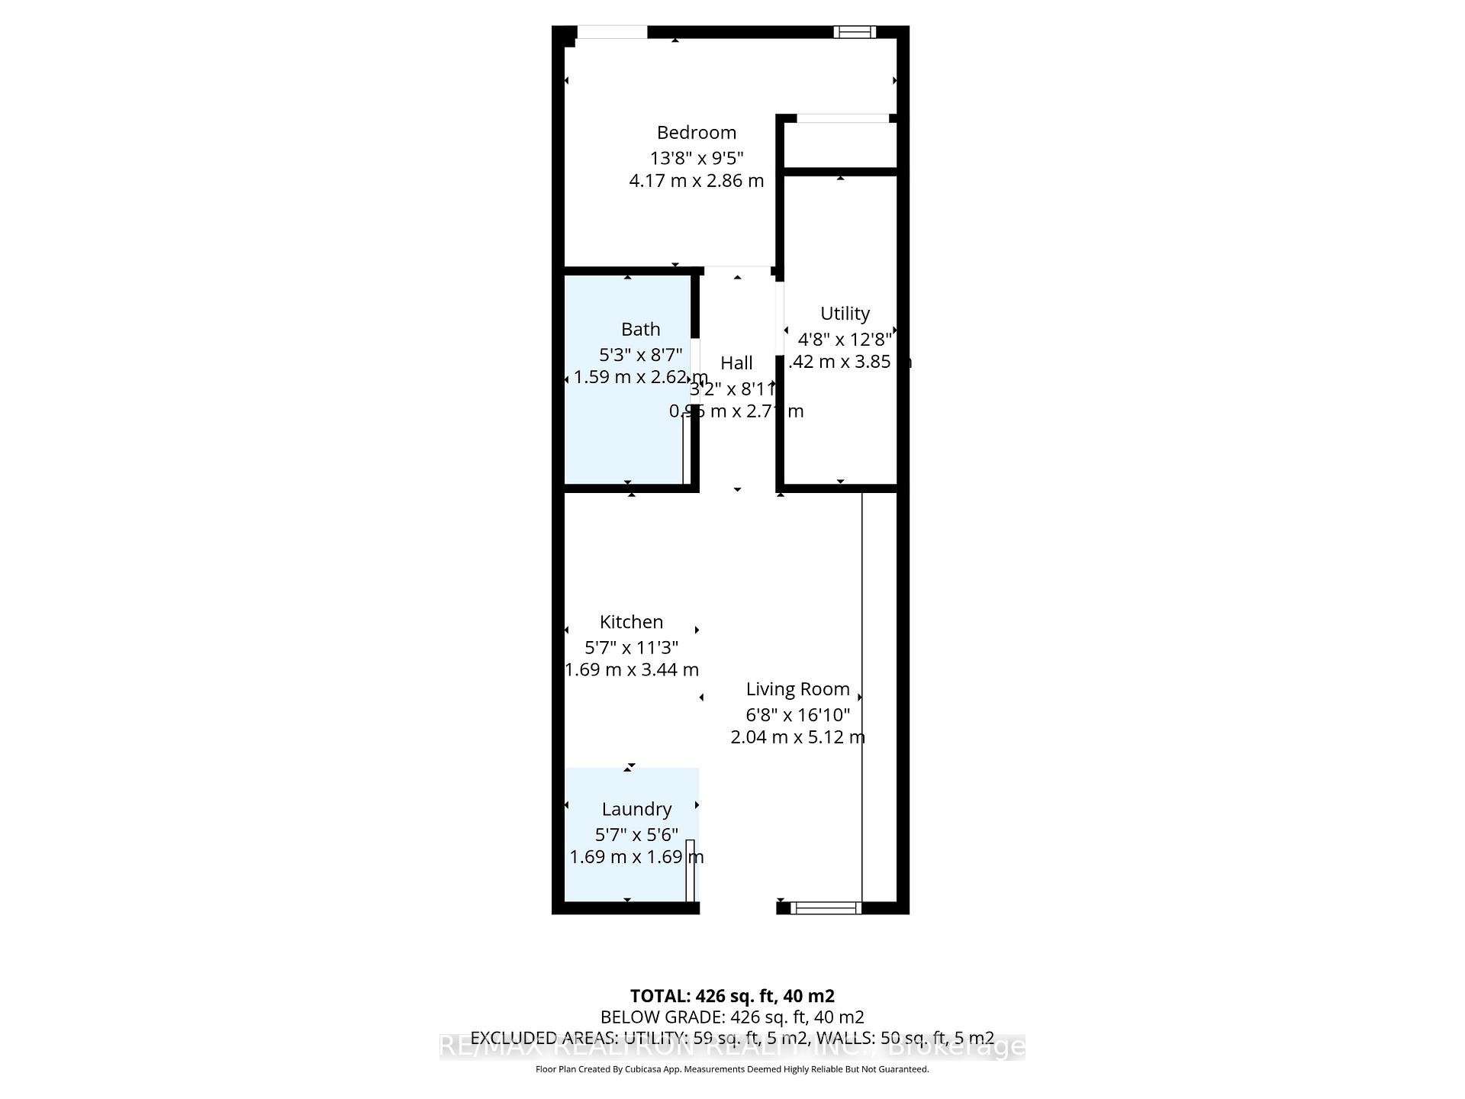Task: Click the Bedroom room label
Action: (x=696, y=133)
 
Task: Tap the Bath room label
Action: (x=640, y=329)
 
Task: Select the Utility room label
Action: (x=845, y=314)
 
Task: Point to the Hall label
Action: (x=736, y=363)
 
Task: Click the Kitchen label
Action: (x=631, y=622)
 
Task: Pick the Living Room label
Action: (x=797, y=689)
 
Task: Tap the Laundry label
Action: (x=636, y=809)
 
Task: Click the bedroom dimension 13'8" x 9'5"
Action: (x=696, y=159)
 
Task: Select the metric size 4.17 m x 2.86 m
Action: (x=696, y=181)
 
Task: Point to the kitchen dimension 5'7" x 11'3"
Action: (x=631, y=648)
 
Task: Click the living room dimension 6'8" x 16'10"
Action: (x=797, y=715)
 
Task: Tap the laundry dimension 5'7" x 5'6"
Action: (x=636, y=835)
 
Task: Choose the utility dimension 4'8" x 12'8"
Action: (x=845, y=340)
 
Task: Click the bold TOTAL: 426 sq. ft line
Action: (x=732, y=996)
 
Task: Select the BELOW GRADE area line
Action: (x=732, y=1017)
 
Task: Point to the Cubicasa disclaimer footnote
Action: (x=732, y=1069)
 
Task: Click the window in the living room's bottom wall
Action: (x=826, y=907)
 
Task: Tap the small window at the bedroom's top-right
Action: (x=854, y=32)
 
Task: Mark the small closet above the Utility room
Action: (x=840, y=144)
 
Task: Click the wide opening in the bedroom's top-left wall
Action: (x=612, y=32)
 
